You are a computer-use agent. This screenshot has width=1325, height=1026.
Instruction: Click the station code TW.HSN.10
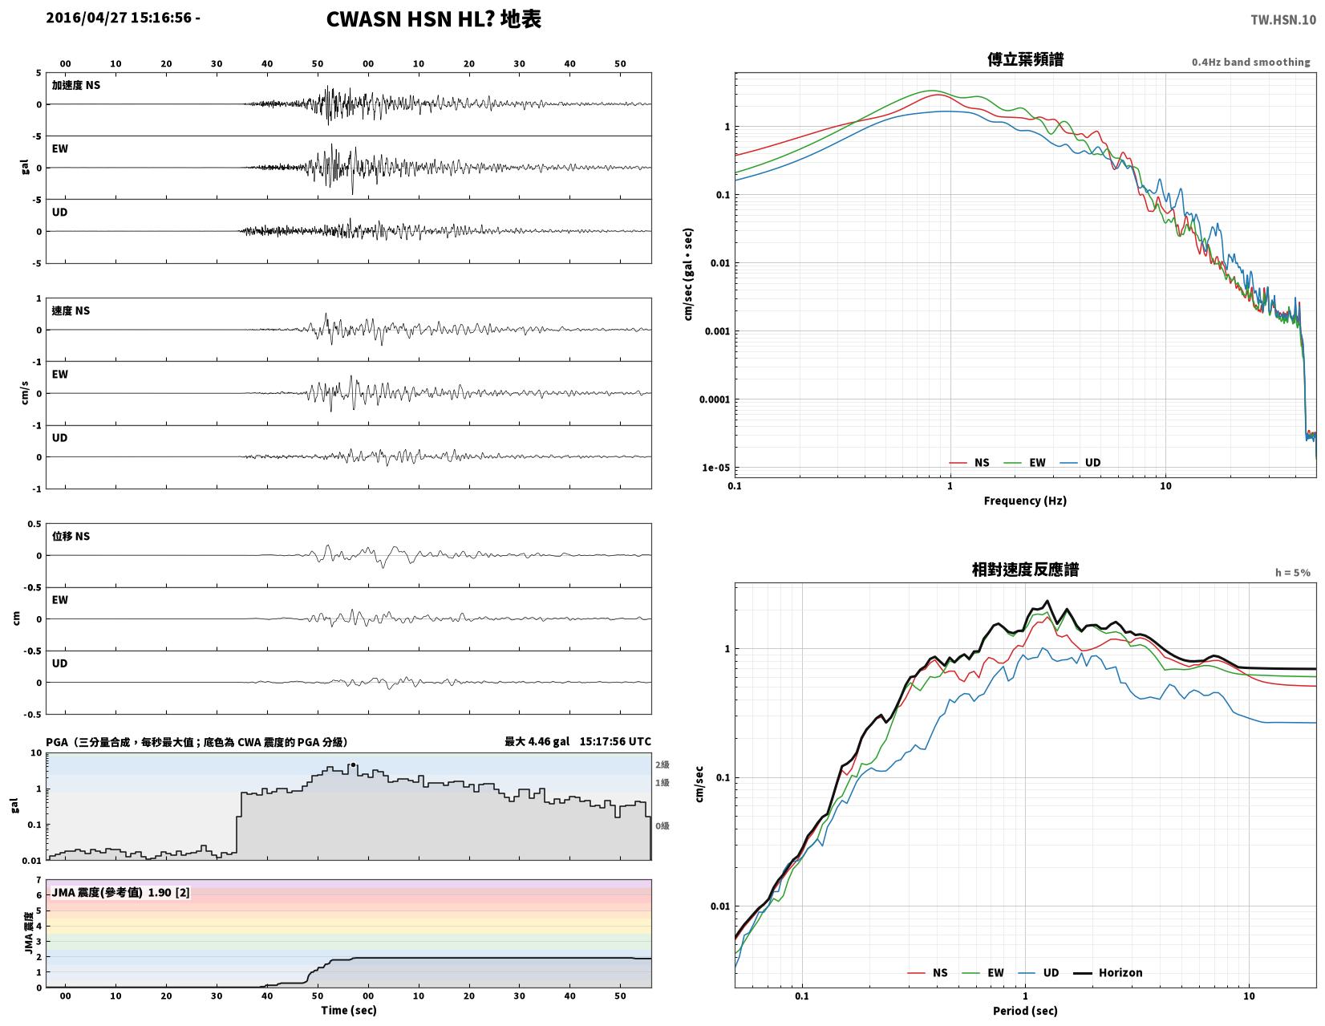pyautogui.click(x=1283, y=19)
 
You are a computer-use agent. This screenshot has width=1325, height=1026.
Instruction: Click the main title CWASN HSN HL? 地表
pyautogui.click(x=434, y=19)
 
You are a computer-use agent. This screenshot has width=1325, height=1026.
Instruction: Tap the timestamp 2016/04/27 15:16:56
pyautogui.click(x=119, y=17)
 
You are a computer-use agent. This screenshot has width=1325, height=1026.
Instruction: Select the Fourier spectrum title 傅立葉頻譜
pyautogui.click(x=1025, y=59)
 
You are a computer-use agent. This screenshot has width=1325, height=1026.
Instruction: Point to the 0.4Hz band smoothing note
pyautogui.click(x=1250, y=63)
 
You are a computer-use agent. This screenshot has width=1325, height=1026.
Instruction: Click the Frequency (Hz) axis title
pyautogui.click(x=1025, y=501)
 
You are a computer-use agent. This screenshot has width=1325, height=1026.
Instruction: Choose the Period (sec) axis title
pyautogui.click(x=1025, y=1011)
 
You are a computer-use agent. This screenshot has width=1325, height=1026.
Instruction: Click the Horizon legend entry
pyautogui.click(x=1108, y=973)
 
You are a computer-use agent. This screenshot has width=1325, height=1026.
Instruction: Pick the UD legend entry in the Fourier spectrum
pyautogui.click(x=1080, y=463)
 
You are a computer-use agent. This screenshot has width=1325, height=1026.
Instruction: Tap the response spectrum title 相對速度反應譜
pyautogui.click(x=1025, y=570)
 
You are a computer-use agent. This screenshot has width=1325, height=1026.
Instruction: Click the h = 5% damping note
pyautogui.click(x=1292, y=573)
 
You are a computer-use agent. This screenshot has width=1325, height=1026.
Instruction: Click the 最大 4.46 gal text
pyautogui.click(x=537, y=741)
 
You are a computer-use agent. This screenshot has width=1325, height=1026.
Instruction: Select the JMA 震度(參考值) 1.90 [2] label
pyautogui.click(x=120, y=893)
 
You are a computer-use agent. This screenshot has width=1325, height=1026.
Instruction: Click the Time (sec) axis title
pyautogui.click(x=349, y=1010)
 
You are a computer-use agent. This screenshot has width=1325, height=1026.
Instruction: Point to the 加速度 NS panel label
pyautogui.click(x=76, y=85)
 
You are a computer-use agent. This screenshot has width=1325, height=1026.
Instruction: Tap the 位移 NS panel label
pyautogui.click(x=71, y=537)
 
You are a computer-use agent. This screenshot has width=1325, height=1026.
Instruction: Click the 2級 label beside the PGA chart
pyautogui.click(x=662, y=764)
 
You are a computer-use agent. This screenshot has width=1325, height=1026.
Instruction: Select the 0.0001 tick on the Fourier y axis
pyautogui.click(x=714, y=400)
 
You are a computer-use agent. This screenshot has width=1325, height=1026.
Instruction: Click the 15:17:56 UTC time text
pyautogui.click(x=615, y=741)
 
